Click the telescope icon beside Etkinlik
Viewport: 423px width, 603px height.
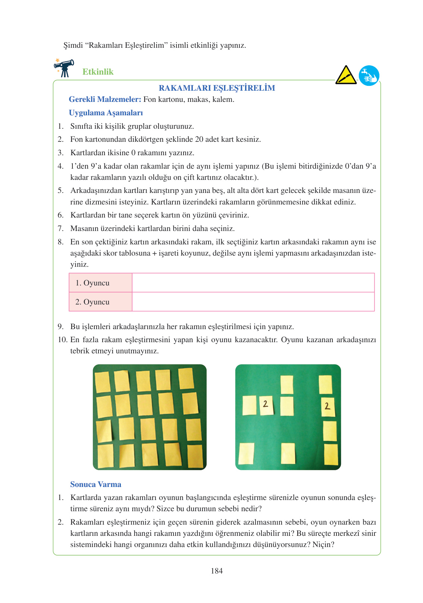click(64, 68)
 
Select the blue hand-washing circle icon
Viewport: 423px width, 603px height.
click(369, 76)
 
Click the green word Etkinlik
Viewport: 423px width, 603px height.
click(98, 72)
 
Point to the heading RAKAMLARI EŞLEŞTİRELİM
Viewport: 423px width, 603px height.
click(217, 88)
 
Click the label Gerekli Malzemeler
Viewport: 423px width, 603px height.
click(105, 100)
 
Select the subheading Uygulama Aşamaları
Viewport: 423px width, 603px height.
click(106, 113)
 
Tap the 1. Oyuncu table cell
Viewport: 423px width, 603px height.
click(100, 283)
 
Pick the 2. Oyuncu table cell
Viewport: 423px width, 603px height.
click(100, 302)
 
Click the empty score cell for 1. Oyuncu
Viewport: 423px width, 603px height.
click(253, 283)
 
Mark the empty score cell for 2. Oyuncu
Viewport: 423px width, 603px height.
click(253, 302)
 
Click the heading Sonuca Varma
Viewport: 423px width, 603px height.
click(96, 484)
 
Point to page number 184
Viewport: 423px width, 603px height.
click(217, 571)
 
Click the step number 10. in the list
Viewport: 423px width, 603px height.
click(62, 340)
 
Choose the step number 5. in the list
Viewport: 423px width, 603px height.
click(60, 191)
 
